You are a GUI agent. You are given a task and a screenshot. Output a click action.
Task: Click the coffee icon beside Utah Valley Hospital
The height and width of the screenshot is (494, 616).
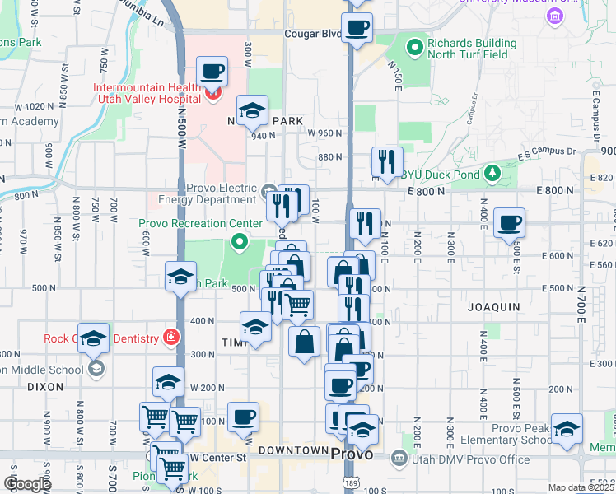coord(212,72)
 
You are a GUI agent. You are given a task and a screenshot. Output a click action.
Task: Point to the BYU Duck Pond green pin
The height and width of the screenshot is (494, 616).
coord(492,173)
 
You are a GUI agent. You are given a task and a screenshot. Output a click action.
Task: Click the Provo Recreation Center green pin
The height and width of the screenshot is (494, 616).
coord(240,242)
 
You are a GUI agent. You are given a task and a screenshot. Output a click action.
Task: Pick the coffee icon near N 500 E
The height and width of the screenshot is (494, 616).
coord(510,221)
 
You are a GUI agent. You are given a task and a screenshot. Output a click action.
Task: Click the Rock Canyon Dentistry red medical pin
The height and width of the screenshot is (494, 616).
coord(171,337)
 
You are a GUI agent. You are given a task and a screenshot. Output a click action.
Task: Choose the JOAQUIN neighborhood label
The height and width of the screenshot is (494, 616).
coord(493,306)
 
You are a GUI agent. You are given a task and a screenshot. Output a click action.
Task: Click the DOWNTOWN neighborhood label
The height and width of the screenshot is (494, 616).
coord(293,450)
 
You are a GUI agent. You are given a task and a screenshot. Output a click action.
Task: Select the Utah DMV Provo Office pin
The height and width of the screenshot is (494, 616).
coord(399,457)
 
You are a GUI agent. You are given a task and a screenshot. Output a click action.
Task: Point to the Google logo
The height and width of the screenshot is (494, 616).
coord(26,483)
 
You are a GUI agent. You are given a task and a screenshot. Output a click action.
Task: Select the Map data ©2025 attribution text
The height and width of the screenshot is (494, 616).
coord(580,487)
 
